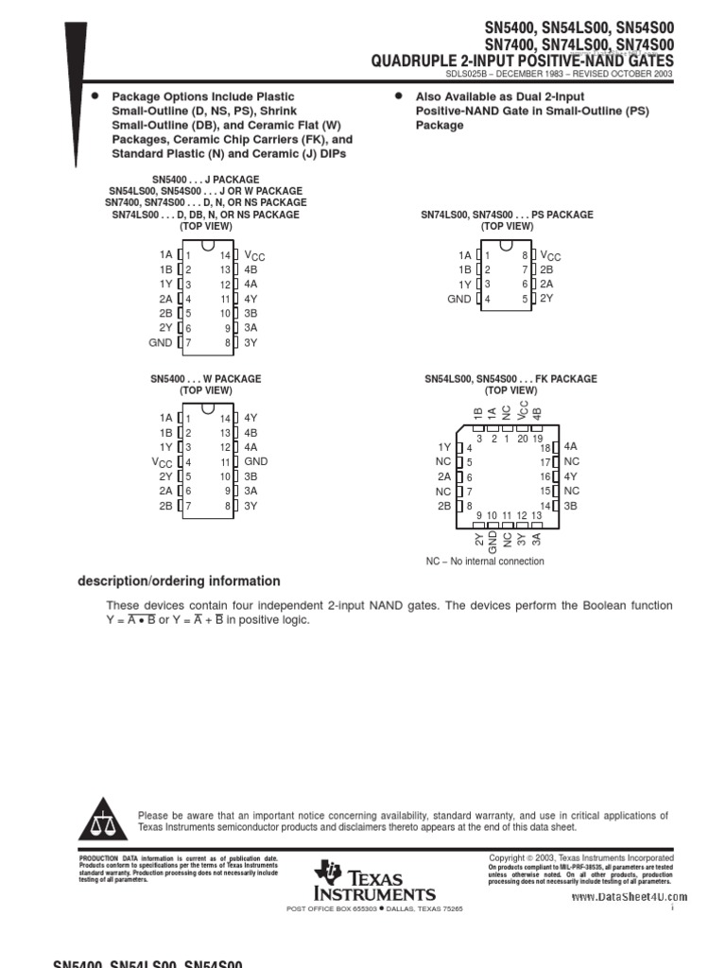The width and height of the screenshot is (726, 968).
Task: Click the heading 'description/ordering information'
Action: (x=179, y=581)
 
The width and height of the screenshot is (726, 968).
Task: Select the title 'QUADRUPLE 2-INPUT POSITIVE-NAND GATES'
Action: (x=523, y=61)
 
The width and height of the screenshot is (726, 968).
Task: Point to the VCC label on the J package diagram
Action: (x=255, y=255)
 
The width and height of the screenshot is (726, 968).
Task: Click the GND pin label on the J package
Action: (x=161, y=342)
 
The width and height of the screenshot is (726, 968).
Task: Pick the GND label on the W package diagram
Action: (x=256, y=461)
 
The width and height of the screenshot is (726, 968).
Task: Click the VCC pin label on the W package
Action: (x=163, y=462)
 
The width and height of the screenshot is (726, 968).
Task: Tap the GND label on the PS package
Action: (x=458, y=299)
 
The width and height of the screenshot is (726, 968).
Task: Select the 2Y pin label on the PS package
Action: (x=546, y=299)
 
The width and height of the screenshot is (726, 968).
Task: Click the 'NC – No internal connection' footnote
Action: (x=485, y=562)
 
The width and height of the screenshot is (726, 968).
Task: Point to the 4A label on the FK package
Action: (x=571, y=446)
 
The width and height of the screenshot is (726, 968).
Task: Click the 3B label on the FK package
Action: (x=571, y=506)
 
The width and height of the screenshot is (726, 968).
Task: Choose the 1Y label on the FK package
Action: (x=444, y=447)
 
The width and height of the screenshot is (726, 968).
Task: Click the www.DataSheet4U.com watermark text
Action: (x=629, y=897)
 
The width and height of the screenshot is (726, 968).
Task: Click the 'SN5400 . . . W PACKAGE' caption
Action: (x=205, y=379)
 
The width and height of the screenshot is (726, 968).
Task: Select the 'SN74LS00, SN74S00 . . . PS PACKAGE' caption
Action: (x=507, y=215)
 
